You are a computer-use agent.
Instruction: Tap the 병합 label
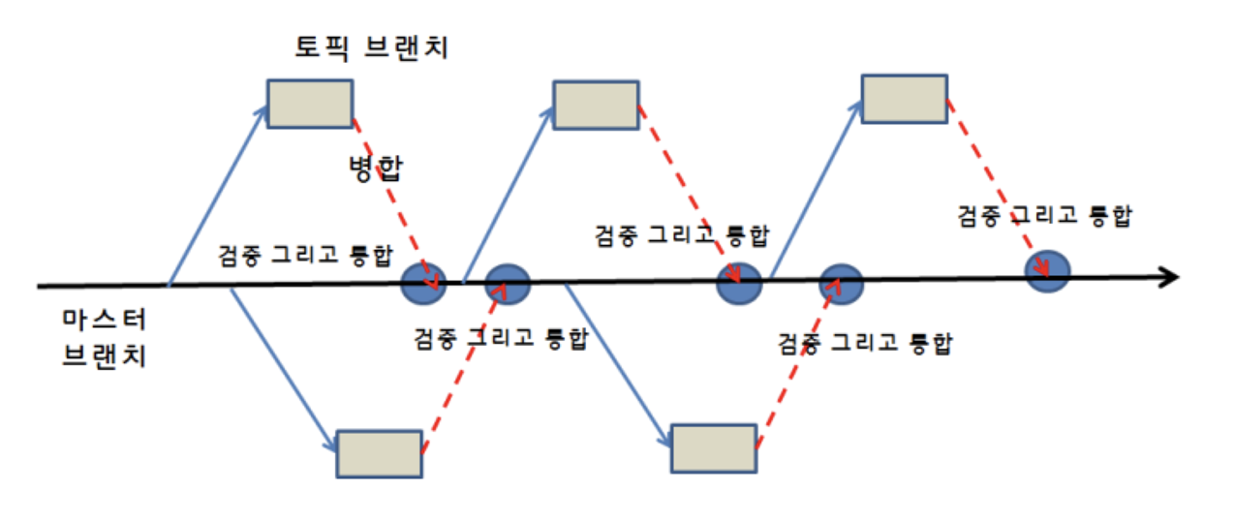point(376,169)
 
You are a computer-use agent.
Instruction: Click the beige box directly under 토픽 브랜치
point(310,105)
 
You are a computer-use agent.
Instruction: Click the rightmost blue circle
point(1047,272)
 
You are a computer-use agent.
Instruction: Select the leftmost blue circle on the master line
point(423,282)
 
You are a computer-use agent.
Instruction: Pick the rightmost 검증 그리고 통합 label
point(1044,215)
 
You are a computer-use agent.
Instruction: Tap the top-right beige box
point(905,97)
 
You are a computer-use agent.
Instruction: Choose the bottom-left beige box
point(379,453)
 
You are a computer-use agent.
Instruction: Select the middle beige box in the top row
point(596,105)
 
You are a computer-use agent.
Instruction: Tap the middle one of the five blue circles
point(739,283)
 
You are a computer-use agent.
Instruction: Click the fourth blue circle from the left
point(839,283)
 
